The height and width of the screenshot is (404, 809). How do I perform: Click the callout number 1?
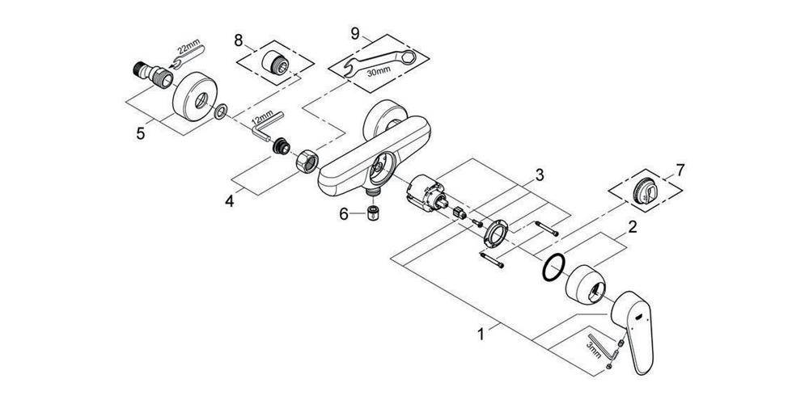click(x=481, y=335)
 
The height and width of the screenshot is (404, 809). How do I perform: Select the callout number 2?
click(x=632, y=227)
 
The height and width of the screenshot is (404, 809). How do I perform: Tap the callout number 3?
click(x=540, y=175)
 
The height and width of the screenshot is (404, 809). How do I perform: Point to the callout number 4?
click(x=229, y=201)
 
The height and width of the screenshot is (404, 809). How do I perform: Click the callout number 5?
click(x=140, y=133)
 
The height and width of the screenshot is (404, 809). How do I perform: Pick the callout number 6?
click(x=344, y=214)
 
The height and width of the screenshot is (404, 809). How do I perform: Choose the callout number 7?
click(x=680, y=170)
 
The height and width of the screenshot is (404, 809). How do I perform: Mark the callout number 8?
click(x=239, y=40)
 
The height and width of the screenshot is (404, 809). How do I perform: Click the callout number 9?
click(x=354, y=33)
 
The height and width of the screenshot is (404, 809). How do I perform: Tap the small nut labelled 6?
click(x=374, y=213)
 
